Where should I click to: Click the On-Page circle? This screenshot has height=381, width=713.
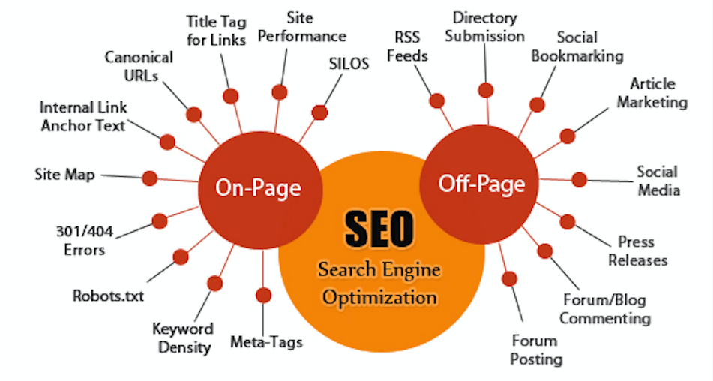coord(261,190)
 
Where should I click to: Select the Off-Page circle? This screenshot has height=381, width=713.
coord(479,184)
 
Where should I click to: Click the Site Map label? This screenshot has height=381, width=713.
coord(64,175)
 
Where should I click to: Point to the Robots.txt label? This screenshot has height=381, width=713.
coord(108,296)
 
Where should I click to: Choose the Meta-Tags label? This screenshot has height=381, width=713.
coord(266,342)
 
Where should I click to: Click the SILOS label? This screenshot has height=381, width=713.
coord(349,64)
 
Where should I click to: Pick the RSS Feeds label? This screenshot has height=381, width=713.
coord(407,46)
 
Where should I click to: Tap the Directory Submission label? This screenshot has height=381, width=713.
coord(485,27)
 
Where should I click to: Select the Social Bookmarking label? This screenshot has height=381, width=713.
coord(577,46)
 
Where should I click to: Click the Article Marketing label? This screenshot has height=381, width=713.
coord(652,93)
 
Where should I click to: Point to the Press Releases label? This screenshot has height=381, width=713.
coord(637,250)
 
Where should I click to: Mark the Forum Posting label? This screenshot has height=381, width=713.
coord(535,349)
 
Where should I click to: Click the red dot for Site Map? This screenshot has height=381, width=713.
coord(150,178)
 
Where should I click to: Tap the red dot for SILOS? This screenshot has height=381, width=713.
coord(319,112)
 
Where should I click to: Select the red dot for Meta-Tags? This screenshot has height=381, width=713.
coord(263,295)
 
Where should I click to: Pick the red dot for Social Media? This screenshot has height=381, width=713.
coord(580,179)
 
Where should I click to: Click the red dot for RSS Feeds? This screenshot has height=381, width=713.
coord(437,100)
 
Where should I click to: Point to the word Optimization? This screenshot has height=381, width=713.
coord(379,298)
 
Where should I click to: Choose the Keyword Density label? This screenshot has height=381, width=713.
coord(183,338)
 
